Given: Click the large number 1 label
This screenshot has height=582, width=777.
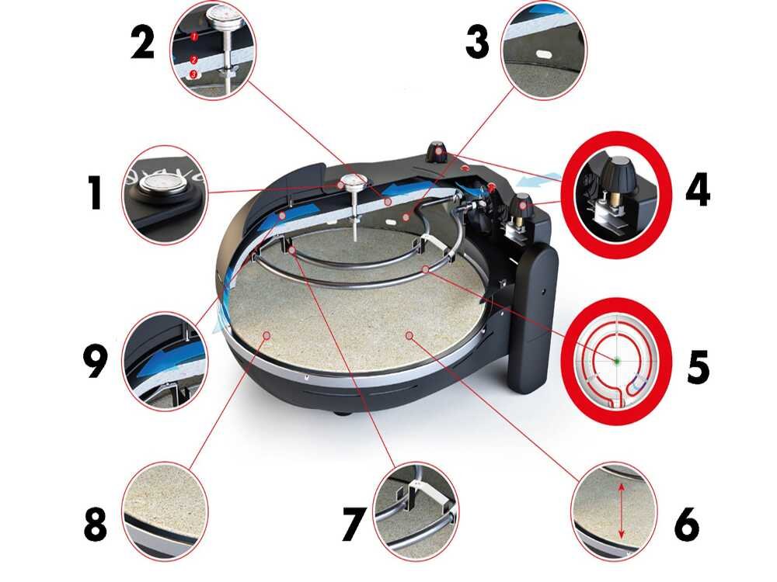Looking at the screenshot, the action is [95, 194].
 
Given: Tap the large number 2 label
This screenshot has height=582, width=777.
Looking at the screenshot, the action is [143, 43].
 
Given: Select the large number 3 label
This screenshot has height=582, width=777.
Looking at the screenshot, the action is [477, 42].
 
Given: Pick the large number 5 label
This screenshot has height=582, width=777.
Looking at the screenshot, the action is [699, 367].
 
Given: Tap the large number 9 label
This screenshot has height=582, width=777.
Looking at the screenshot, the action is [95, 362].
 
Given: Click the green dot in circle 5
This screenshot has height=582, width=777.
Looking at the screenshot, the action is [618, 361].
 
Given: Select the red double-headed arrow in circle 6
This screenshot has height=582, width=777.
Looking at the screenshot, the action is [622, 511].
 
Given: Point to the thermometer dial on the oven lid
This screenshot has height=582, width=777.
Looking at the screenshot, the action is [354, 182].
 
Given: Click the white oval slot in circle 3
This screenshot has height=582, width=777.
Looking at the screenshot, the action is [543, 53].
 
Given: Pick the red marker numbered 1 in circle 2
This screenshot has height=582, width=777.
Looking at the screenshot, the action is [194, 36].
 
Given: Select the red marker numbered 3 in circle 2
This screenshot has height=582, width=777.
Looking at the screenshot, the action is [193, 74].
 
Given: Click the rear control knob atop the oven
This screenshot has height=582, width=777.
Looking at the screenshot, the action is [437, 151].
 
